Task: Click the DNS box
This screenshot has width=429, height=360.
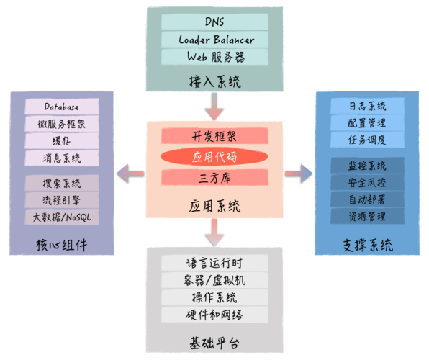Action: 214,22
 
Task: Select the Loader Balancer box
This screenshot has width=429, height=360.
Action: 214,40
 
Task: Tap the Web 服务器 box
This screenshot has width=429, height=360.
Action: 214,57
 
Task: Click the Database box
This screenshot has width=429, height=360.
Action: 61,107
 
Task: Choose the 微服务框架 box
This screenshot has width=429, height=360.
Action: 61,124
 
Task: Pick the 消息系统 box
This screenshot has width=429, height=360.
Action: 61,158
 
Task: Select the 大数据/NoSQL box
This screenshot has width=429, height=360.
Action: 61,216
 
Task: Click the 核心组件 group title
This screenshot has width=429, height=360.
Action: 61,244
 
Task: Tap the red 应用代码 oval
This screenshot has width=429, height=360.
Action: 214,157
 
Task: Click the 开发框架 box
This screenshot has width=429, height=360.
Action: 214,136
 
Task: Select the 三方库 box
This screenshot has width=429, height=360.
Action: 214,177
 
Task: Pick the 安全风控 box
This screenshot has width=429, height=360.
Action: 367,182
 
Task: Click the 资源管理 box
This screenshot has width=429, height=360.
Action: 367,216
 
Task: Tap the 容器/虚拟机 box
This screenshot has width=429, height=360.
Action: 214,281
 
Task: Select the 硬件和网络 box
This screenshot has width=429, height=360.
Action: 214,315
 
